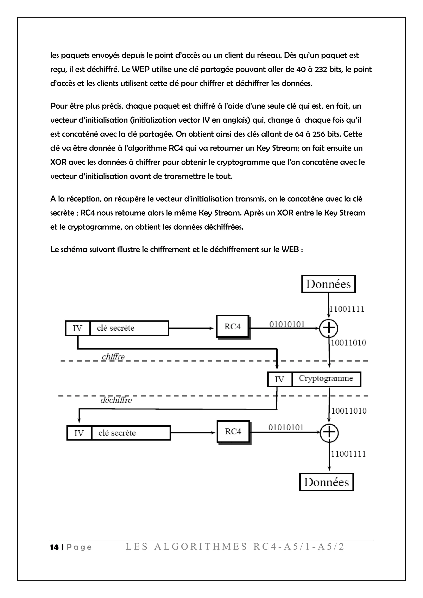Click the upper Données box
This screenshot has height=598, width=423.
coord(328,284)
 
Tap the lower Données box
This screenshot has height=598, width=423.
coord(326,482)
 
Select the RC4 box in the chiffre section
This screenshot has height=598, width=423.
coord(233,327)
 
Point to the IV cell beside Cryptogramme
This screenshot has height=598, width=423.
coord(279,379)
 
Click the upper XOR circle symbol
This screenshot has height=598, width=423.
coord(329,328)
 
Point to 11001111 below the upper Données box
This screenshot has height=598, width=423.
coord(347,309)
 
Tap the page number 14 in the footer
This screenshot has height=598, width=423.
coord(54,547)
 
